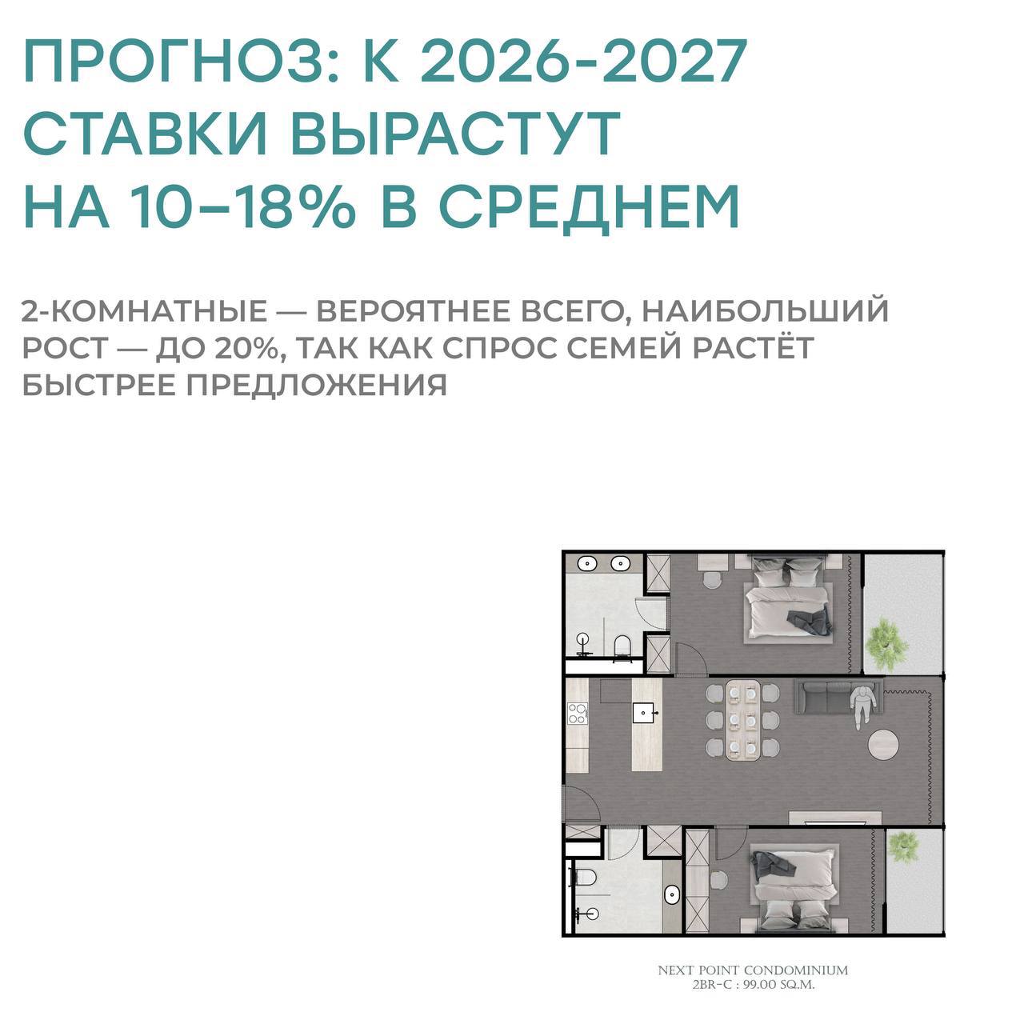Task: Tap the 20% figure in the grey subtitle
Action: click(248, 348)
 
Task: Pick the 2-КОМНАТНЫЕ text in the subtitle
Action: click(144, 311)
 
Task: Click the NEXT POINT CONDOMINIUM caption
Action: click(753, 970)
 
